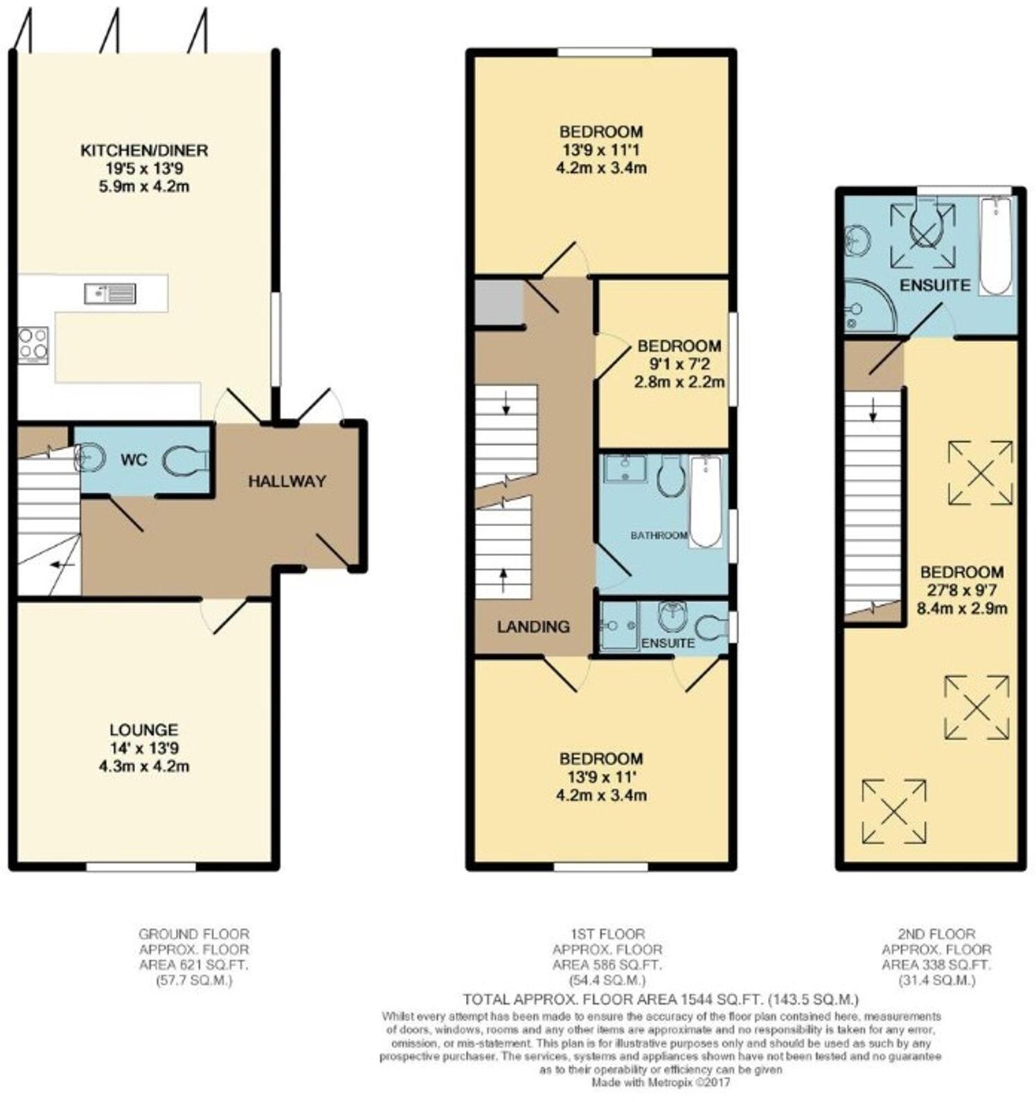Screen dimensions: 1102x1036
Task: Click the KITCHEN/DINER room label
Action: pos(144,150)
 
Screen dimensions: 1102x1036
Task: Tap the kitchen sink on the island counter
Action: pos(110,293)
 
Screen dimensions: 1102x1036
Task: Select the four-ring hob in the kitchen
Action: pos(33,345)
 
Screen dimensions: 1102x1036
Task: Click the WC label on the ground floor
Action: pos(134,460)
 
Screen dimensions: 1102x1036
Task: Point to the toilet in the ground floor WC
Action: pos(186,460)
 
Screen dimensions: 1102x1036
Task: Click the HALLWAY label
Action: pos(287,481)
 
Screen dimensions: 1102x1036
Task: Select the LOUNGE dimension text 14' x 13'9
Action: pos(144,748)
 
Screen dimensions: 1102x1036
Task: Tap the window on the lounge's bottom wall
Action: pos(141,866)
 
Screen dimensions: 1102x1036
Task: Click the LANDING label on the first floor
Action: pos(533,627)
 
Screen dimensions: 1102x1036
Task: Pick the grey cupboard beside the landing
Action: pos(499,302)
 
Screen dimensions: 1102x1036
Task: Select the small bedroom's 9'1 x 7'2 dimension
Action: pos(679,364)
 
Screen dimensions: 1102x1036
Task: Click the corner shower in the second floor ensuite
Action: pos(867,307)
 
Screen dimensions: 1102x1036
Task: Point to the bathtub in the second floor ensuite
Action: pos(996,246)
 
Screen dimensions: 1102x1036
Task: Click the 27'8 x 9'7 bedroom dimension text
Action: pos(961,590)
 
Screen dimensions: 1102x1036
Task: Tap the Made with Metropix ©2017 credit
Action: pos(660,1082)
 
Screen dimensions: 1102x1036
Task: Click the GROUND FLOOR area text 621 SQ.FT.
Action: pos(193,965)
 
